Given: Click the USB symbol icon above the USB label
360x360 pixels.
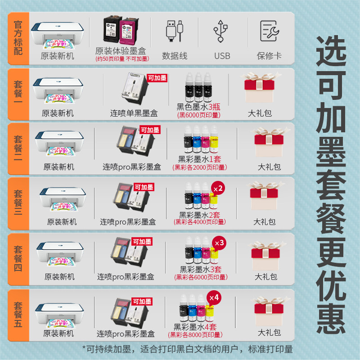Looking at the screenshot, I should (222, 31).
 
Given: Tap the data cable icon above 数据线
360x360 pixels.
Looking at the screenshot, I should (175, 31).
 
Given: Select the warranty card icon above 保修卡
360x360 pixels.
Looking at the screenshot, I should (270, 31).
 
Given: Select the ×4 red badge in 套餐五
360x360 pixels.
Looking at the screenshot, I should (214, 297).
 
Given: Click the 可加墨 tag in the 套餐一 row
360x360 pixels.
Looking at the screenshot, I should (157, 78).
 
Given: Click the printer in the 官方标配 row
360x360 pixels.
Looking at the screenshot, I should (57, 35).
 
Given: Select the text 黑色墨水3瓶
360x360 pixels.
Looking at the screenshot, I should (197, 107).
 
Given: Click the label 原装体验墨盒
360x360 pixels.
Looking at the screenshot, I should (120, 51).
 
